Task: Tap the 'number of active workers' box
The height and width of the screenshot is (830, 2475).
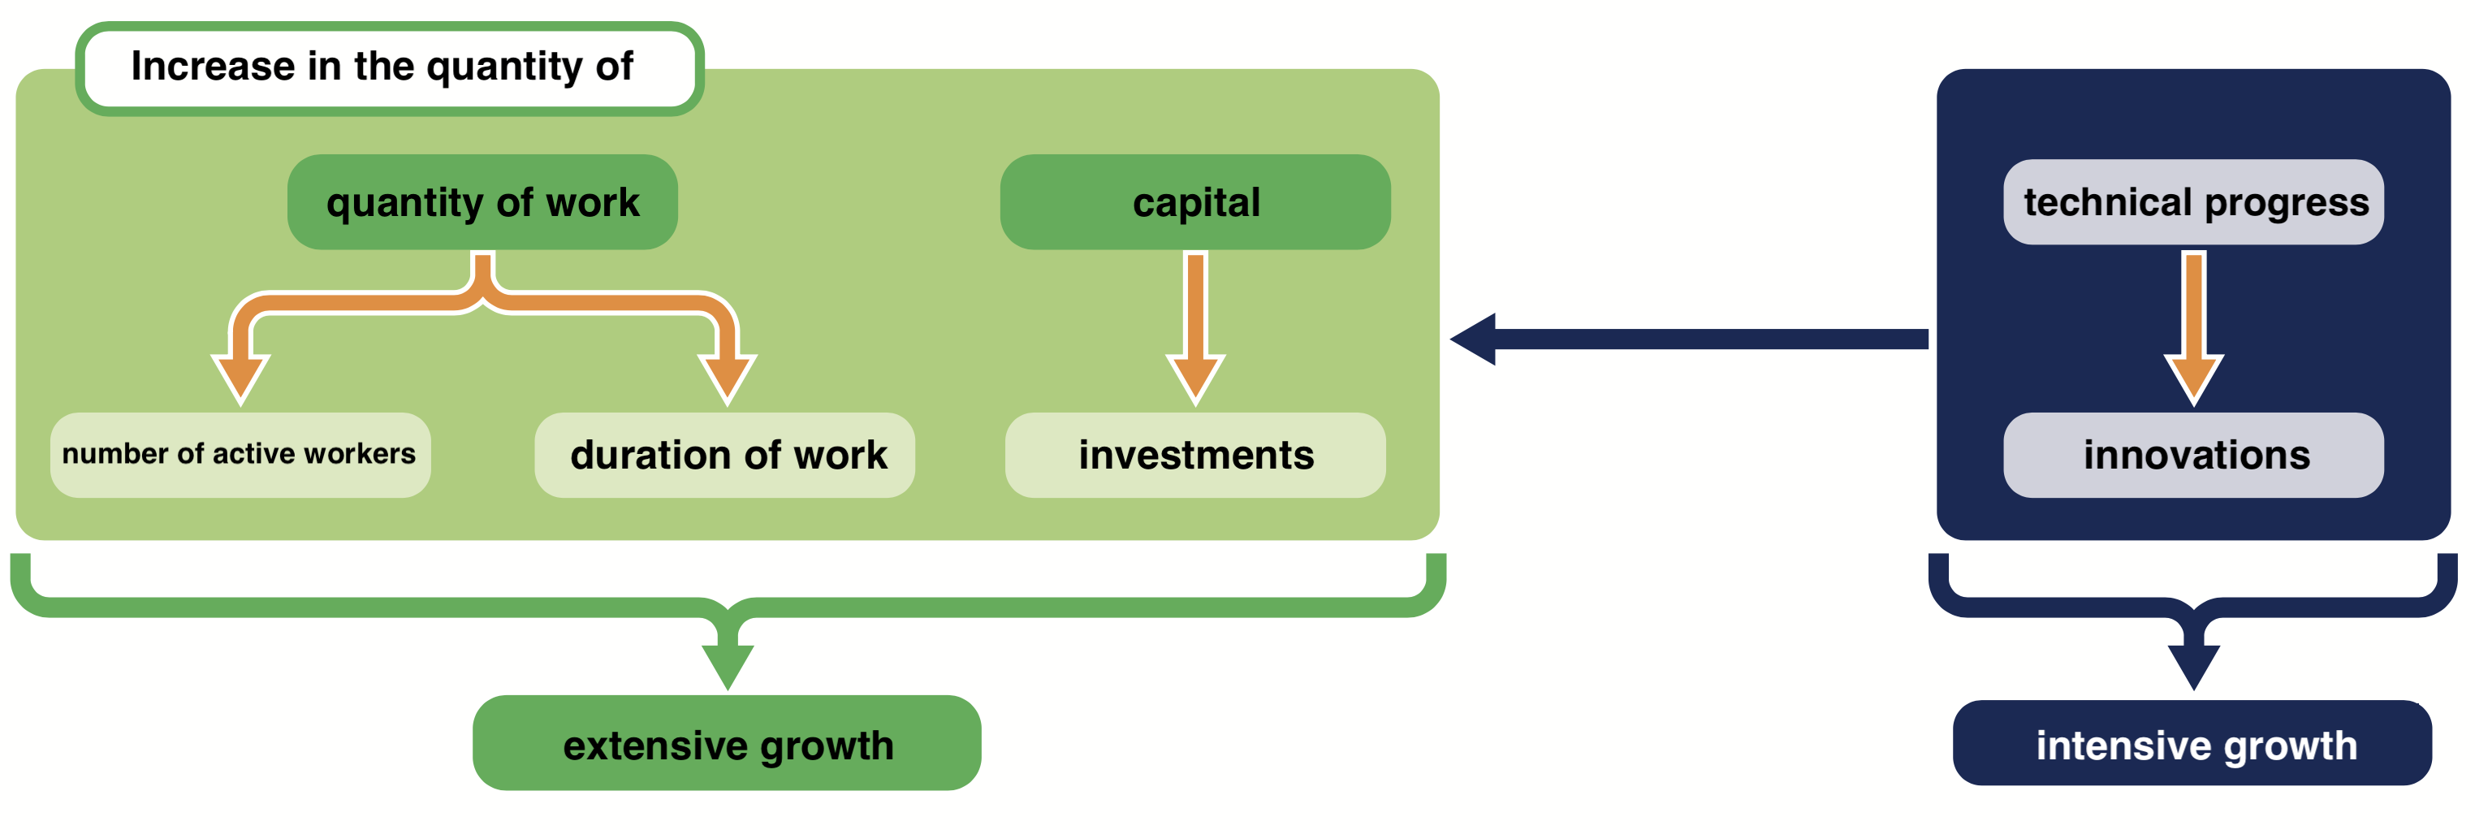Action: point(240,454)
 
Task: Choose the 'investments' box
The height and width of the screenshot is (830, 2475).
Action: point(1195,454)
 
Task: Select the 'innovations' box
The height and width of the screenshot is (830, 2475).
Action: point(2193,454)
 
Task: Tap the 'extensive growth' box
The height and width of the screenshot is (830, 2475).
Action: point(728,744)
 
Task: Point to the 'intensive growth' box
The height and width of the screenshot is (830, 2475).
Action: point(2193,744)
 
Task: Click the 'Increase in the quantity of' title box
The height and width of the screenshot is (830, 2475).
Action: point(389,68)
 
